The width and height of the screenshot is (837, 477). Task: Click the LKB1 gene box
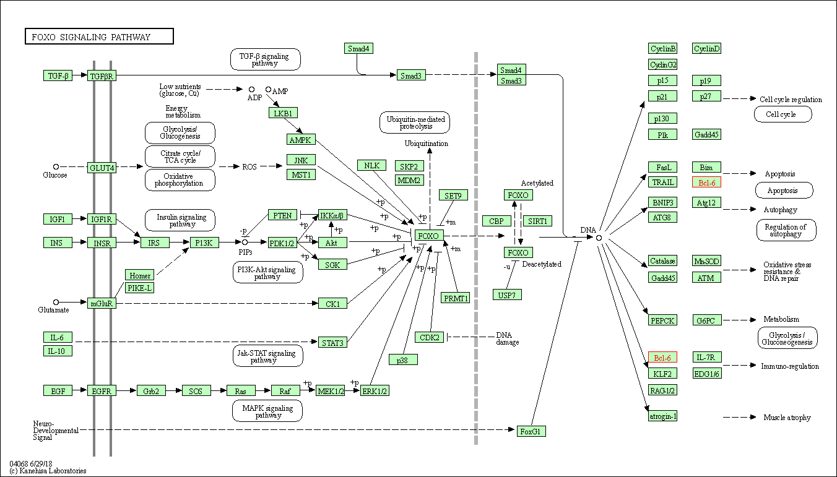(x=284, y=113)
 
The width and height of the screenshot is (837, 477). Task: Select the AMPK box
(x=301, y=140)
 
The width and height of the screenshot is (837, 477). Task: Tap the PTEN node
(x=282, y=215)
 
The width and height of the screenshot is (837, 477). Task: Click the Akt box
(x=332, y=243)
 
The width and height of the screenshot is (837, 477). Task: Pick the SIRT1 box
(x=537, y=221)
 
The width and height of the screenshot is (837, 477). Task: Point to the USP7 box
(x=507, y=294)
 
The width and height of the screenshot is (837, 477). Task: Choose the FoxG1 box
(x=531, y=431)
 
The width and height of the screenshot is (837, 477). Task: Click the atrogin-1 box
(x=663, y=416)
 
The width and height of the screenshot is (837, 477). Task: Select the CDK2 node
(x=430, y=337)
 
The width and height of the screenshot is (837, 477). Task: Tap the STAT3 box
(x=332, y=343)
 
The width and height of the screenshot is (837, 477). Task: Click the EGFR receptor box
(x=102, y=391)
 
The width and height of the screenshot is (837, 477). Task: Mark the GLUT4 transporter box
(x=102, y=168)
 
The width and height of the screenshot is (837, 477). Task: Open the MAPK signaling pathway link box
(x=267, y=411)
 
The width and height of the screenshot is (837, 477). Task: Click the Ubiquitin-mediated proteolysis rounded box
(x=415, y=122)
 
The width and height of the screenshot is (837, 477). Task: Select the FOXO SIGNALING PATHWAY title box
(x=100, y=37)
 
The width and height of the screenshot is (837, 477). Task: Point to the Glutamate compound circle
(x=56, y=302)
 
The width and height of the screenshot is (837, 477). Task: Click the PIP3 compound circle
(x=245, y=243)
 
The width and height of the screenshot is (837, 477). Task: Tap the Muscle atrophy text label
(x=787, y=417)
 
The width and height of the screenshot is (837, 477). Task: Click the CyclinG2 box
(x=663, y=64)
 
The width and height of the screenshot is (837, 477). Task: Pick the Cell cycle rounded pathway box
(x=783, y=114)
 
